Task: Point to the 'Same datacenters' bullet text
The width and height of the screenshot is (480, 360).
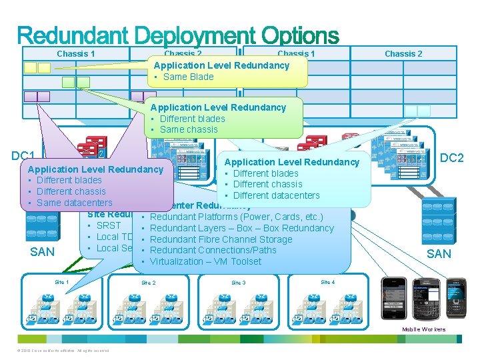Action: [x=74, y=203]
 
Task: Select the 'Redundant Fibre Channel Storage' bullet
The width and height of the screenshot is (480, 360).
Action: [x=221, y=239]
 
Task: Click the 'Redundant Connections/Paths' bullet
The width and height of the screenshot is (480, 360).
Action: [x=213, y=250]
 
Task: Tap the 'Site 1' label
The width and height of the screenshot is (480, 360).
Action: [x=61, y=282]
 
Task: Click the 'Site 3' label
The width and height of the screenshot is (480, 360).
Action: [x=238, y=283]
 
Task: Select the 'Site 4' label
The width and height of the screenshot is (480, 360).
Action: [x=327, y=282]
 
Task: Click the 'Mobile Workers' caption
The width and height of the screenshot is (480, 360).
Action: [x=423, y=330]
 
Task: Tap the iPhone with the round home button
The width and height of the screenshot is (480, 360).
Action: [x=393, y=297]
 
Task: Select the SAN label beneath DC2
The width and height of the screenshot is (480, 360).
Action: [x=438, y=254]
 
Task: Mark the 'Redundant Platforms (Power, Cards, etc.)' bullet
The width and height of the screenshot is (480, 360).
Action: [x=237, y=217]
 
